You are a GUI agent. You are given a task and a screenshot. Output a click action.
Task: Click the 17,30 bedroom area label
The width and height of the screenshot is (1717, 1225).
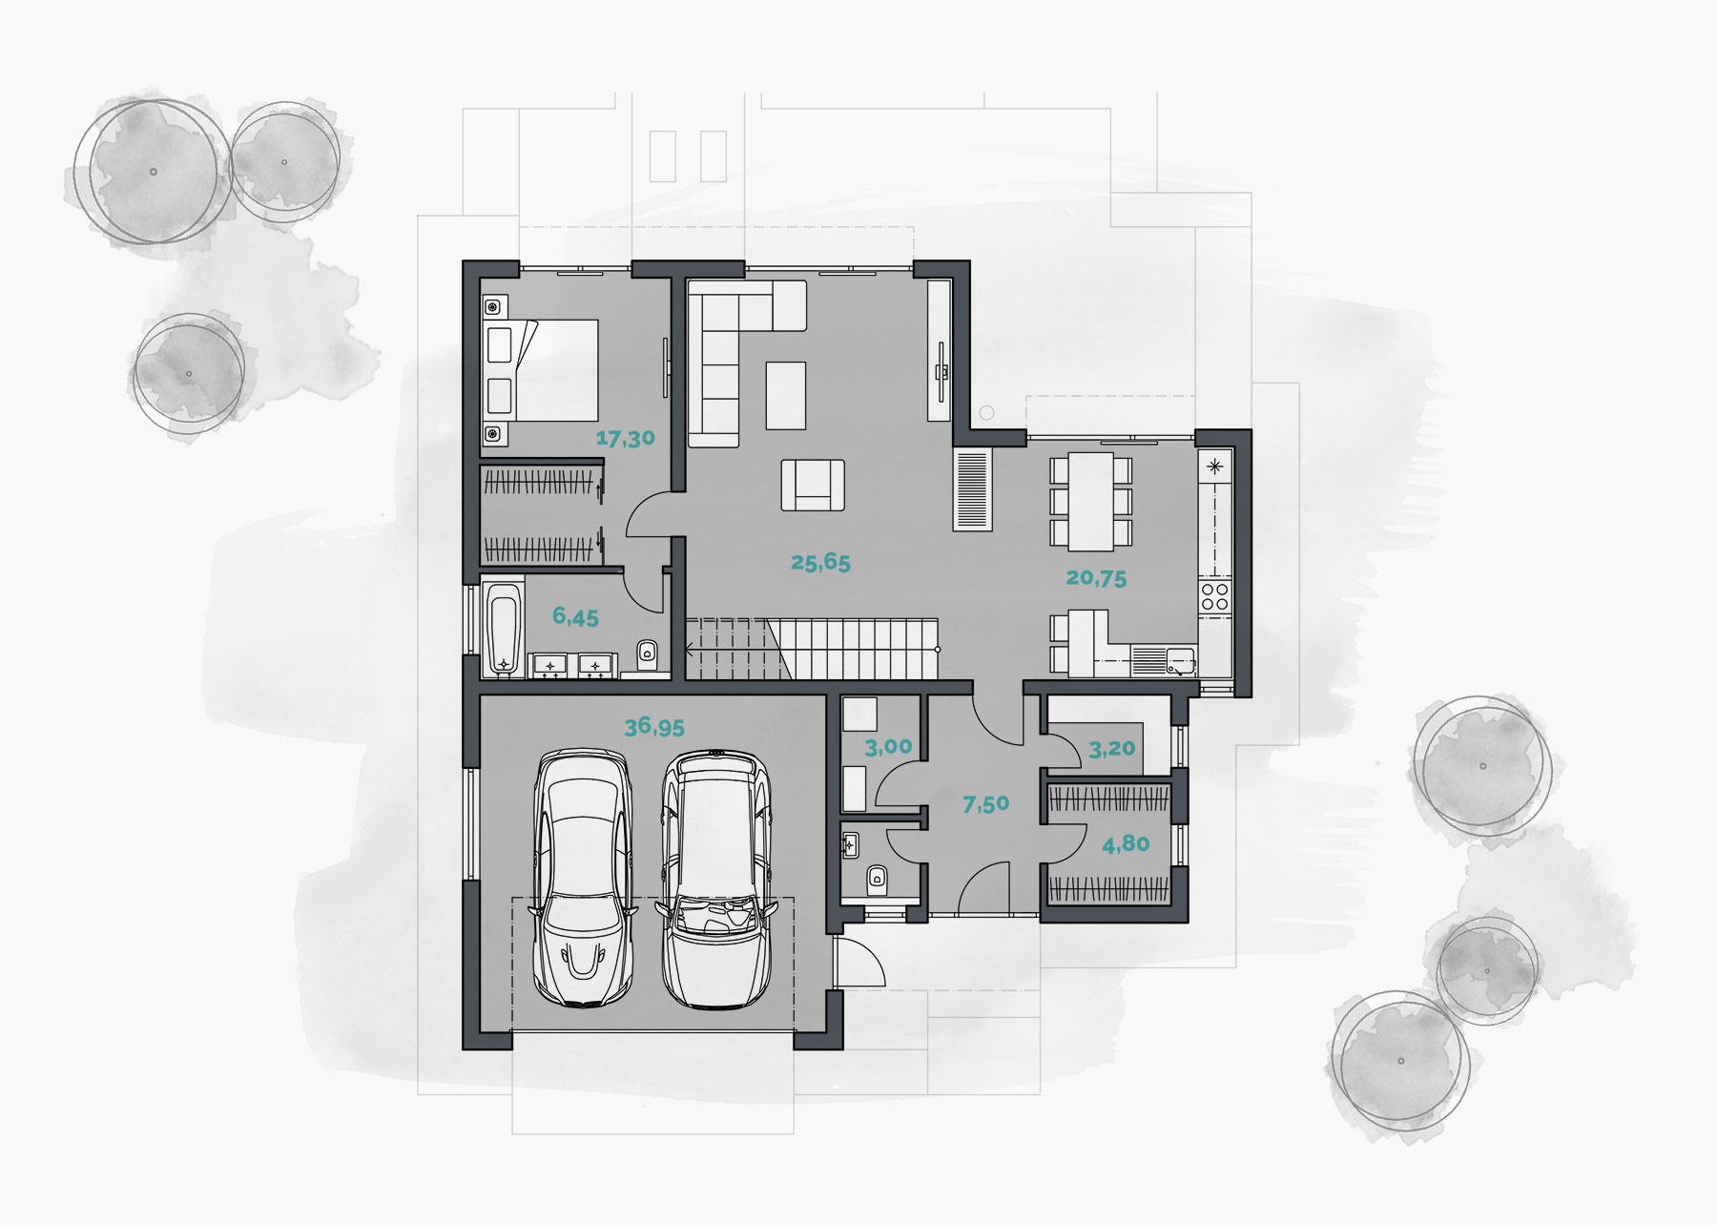pyautogui.click(x=626, y=439)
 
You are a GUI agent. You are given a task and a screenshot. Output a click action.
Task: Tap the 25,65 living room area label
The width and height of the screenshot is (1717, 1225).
pyautogui.click(x=820, y=563)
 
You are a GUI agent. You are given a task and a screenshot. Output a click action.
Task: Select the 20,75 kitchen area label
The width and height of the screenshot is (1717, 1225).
pyautogui.click(x=1096, y=578)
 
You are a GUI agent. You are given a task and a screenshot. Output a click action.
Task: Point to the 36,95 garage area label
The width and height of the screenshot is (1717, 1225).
pyautogui.click(x=654, y=727)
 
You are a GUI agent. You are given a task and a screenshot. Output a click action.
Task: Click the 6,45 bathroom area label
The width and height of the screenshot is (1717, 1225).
pyautogui.click(x=575, y=617)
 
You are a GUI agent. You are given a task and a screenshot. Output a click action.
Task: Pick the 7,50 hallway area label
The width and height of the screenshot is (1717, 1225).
pyautogui.click(x=985, y=804)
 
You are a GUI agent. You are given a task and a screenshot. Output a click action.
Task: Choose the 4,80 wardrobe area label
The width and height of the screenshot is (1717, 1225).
pyautogui.click(x=1126, y=844)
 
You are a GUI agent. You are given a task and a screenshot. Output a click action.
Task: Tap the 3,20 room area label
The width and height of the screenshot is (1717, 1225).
pyautogui.click(x=1112, y=749)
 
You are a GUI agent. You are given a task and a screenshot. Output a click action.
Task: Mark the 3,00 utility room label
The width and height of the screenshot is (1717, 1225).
pyautogui.click(x=888, y=747)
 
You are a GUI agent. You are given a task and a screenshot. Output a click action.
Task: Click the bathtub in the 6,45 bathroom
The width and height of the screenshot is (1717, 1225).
pyautogui.click(x=503, y=630)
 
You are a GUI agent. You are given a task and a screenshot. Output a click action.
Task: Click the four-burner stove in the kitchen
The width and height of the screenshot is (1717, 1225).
pyautogui.click(x=1215, y=596)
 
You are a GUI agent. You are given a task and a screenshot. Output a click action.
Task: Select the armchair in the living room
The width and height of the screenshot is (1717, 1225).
pyautogui.click(x=813, y=485)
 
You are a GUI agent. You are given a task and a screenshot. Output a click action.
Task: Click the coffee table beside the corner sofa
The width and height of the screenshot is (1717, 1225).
pyautogui.click(x=786, y=395)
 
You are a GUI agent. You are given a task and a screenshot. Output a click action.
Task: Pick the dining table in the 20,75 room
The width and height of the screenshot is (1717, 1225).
pyautogui.click(x=1090, y=501)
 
